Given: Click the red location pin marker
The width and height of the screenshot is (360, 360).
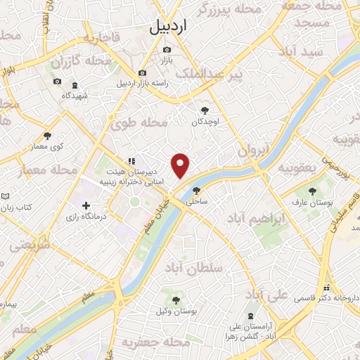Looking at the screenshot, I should pos(181,166).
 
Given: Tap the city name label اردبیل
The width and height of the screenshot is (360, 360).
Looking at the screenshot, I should pos(169,27).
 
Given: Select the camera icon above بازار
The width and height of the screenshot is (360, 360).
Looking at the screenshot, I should pos(167,49).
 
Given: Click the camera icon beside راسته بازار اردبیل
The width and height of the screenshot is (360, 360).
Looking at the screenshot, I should pos(142,73).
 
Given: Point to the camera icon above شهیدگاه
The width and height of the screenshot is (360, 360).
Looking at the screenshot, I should pos(57,82).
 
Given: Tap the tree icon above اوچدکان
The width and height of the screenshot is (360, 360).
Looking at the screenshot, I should pos(205,110).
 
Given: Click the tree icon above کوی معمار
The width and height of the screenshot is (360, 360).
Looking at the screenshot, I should pos(47,136).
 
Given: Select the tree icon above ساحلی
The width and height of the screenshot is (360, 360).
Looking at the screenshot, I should pos(196,190).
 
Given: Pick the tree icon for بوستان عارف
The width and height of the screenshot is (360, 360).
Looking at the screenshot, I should pos(311,191).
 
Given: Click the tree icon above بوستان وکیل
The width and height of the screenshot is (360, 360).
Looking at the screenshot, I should pos(176,300).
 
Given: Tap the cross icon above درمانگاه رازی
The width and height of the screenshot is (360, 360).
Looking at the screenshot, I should pos(86,206).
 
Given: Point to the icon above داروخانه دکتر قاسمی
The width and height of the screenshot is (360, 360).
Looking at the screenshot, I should pos(326,288).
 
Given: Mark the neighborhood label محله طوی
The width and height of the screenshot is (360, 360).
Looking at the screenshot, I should pos(140,123).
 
